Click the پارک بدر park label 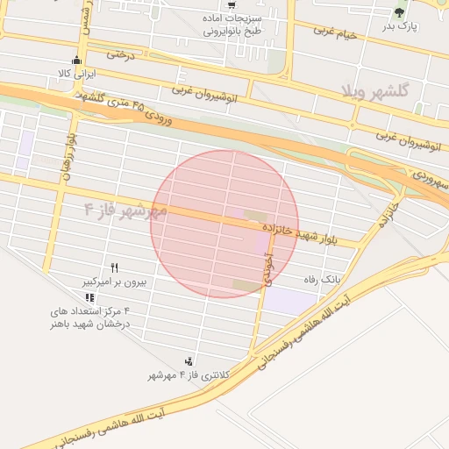[x=402, y=27]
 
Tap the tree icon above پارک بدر [x=400, y=11]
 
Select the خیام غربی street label [x=337, y=32]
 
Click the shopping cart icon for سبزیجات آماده [x=231, y=4]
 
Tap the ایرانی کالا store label [x=75, y=74]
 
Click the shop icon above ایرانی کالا [x=76, y=60]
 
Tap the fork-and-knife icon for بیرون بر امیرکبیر [x=114, y=267]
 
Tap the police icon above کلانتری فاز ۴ [x=189, y=360]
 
